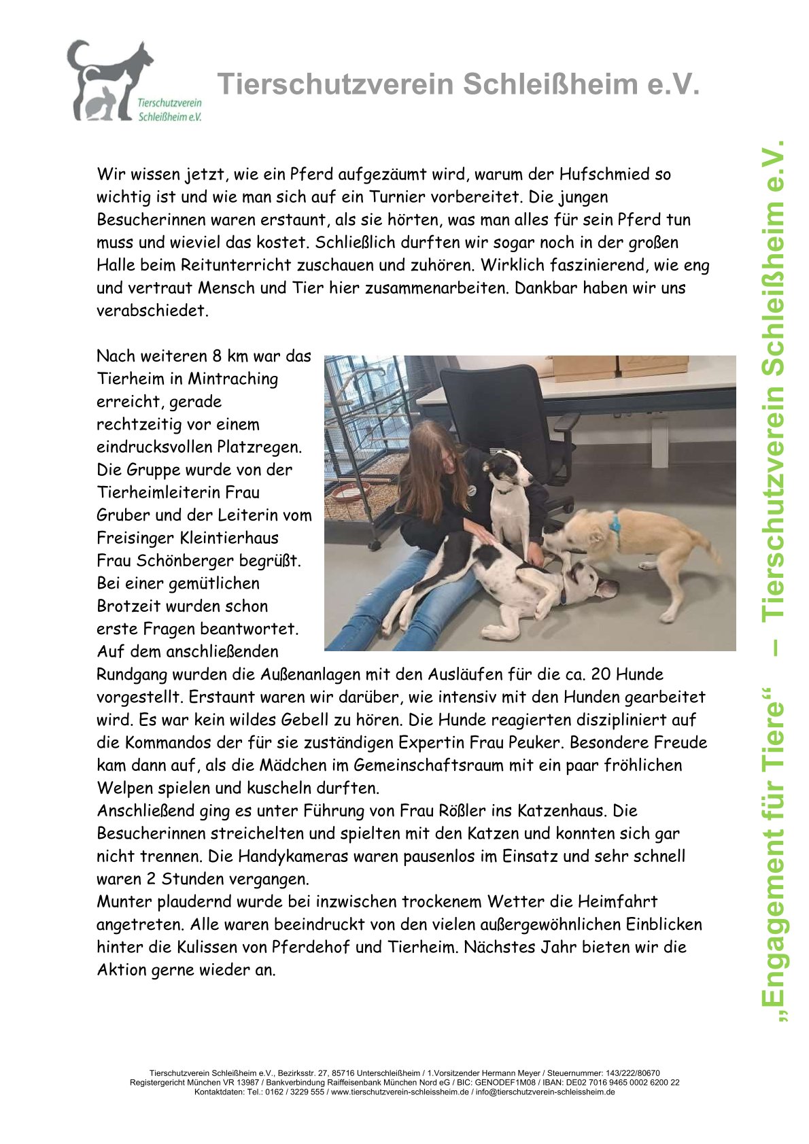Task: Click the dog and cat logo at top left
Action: tap(109, 80)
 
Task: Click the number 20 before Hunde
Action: tap(601, 674)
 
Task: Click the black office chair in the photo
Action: tap(503, 415)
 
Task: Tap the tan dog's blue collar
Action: tap(616, 525)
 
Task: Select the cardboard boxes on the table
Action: tap(619, 367)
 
